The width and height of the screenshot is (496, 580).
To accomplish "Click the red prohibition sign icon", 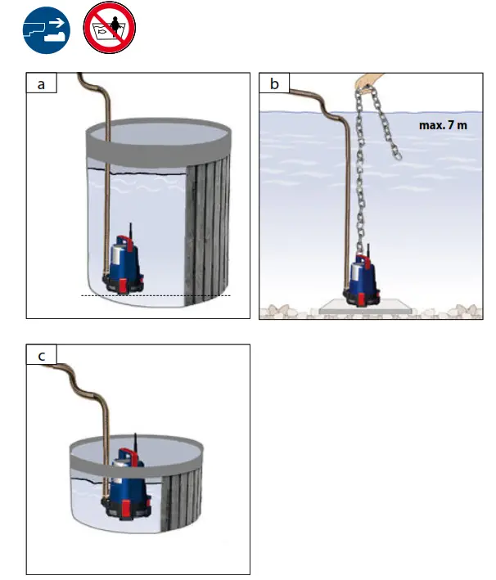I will coord(110,31).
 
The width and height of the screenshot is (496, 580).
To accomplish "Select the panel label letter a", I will coord(41,84).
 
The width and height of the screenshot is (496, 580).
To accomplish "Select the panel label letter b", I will coord(274,84).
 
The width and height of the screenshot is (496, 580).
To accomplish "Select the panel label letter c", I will coord(41,355).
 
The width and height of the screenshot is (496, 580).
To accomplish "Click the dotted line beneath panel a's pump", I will coord(156,294).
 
